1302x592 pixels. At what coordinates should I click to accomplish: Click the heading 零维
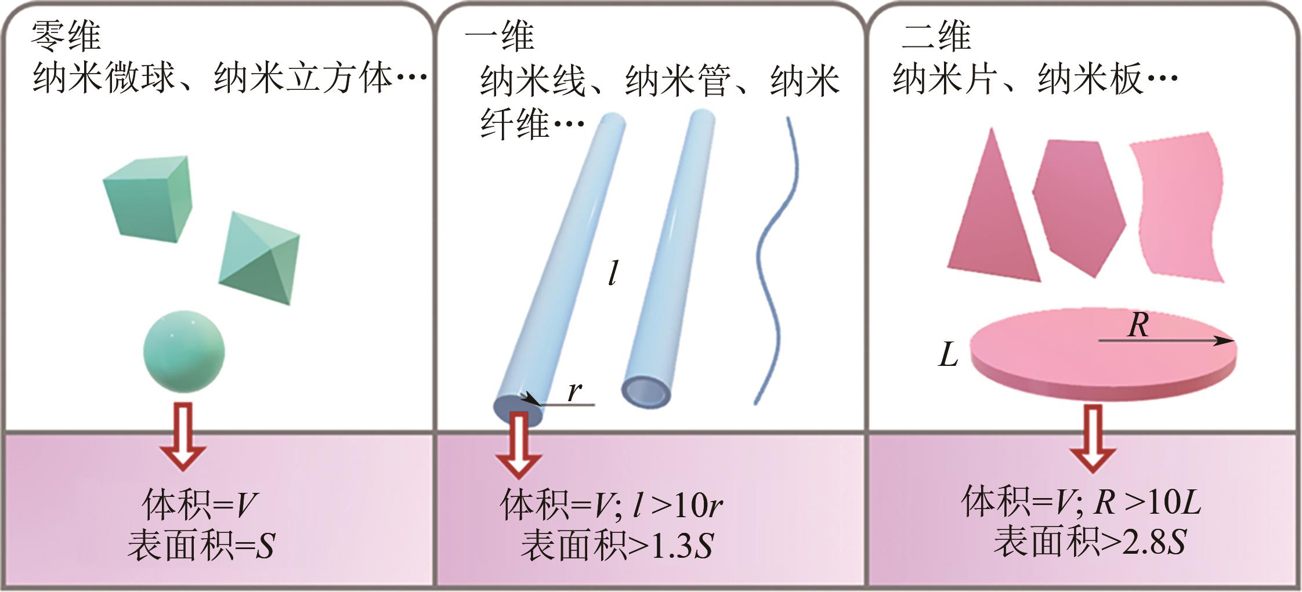(x=66, y=36)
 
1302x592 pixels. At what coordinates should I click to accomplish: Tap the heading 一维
(x=500, y=36)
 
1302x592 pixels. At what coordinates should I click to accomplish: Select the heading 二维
(x=936, y=36)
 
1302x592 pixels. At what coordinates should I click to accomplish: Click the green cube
(x=148, y=198)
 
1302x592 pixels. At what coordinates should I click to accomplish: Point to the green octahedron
(x=259, y=258)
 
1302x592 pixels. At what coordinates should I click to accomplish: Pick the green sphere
(x=184, y=351)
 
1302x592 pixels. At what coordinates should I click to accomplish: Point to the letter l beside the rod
(x=612, y=273)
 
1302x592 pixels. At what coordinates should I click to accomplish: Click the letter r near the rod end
(x=574, y=391)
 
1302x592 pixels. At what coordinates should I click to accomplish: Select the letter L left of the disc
(x=948, y=355)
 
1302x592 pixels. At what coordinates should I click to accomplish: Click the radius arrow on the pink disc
(x=1166, y=341)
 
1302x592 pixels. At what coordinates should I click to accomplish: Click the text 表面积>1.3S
(x=616, y=546)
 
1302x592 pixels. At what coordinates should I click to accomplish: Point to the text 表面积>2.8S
(x=1090, y=542)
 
